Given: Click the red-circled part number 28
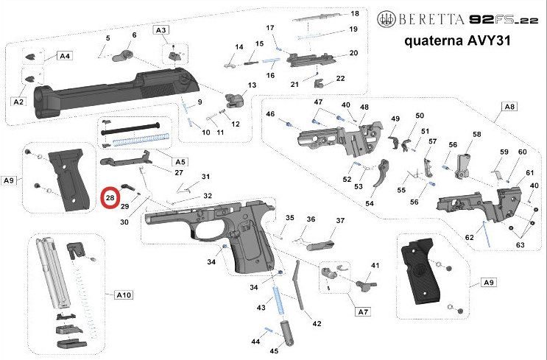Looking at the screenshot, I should pos(110,197).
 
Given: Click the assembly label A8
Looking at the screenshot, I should pos(509,107).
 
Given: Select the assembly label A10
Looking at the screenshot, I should pos(124,294).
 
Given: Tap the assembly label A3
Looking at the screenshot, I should pos(161,29).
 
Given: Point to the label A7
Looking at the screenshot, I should pos(362,313).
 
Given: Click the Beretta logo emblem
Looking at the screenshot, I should pos(385,18).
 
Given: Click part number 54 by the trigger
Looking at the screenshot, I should pos(370,203).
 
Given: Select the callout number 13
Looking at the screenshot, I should pos(252,85).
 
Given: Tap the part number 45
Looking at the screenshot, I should pos(274,351).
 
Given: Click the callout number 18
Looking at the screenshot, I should pos(354,14).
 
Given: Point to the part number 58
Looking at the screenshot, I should pos(476,135).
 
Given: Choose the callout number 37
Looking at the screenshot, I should pos(340,220).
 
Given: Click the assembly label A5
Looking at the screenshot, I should pos(180,161).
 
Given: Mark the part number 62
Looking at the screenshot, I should pos(469,237).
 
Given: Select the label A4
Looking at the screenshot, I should pos(65,55).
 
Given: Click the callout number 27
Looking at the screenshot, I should pos(179,172).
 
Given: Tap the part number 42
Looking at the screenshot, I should pos(317,323).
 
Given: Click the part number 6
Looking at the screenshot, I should pos(134,35).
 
